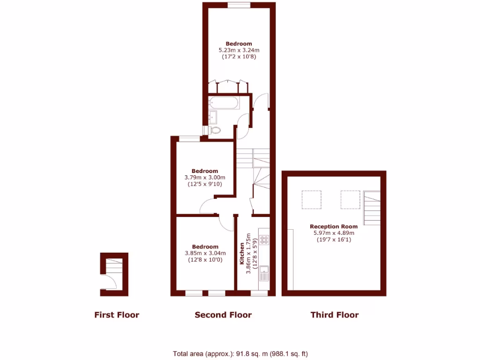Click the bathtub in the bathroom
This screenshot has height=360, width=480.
(x=224, y=103)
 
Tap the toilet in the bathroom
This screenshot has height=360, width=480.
(x=216, y=130)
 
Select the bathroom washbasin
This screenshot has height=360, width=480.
(x=214, y=116)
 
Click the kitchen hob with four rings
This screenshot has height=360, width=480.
(x=264, y=240)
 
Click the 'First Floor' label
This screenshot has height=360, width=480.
(x=117, y=315)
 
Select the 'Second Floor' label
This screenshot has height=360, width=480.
(x=223, y=315)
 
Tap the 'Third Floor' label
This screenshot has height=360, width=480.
(x=335, y=315)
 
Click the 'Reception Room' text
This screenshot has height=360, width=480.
(x=334, y=226)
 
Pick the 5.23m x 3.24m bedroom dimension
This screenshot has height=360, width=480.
(x=239, y=50)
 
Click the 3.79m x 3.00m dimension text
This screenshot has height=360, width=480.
(x=205, y=178)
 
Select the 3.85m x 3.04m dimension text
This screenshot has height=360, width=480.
(x=205, y=253)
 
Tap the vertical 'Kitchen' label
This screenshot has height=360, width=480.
(x=242, y=254)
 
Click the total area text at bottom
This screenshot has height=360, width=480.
(x=240, y=354)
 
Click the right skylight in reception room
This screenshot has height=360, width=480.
(x=350, y=199)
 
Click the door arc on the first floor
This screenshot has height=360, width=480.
(x=109, y=282)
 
